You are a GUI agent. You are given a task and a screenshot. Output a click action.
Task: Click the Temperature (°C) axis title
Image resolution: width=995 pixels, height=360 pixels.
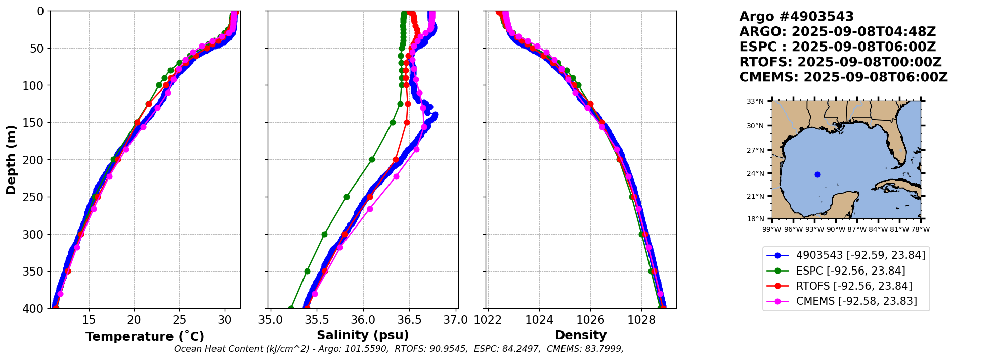145,337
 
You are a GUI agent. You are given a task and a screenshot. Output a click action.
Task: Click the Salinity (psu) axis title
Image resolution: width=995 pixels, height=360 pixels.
363,335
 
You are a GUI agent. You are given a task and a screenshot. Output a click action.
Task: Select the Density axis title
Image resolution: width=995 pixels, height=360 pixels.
581,335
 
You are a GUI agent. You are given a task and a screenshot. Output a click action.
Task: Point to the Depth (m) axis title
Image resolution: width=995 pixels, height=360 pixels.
11,160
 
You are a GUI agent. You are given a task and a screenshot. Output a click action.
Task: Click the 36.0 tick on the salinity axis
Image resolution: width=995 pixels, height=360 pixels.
363,320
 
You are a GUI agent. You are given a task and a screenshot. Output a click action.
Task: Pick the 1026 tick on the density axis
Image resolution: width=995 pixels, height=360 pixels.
590,320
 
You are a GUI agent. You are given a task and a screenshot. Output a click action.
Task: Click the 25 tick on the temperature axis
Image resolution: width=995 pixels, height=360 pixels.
179,320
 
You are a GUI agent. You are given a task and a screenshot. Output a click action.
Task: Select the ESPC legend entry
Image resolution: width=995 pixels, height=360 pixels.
850,271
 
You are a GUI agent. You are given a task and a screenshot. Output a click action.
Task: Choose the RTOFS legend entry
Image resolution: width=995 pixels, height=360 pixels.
853,286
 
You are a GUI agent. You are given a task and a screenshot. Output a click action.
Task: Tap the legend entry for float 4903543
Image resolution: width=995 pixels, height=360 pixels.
860,255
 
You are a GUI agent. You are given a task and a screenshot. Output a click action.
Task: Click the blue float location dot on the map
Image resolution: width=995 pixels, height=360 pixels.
817,175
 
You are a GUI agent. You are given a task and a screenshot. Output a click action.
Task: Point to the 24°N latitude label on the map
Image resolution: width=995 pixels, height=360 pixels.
756,173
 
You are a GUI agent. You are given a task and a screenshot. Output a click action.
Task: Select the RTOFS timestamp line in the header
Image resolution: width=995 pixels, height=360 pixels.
840,62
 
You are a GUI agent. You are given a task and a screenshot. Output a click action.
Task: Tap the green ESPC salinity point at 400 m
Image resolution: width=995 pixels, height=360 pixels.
291,308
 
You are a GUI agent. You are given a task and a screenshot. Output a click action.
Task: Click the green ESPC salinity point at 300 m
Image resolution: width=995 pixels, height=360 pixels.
324,234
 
